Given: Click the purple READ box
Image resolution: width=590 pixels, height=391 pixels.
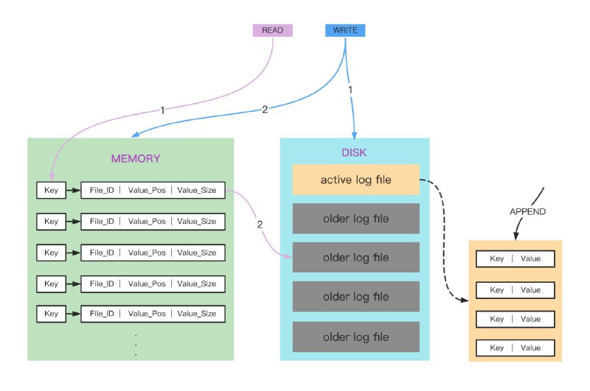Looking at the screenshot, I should click(272, 30).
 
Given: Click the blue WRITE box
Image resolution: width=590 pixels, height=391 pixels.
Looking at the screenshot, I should click(345, 30).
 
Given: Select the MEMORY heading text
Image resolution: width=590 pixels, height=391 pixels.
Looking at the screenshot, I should click(135, 158).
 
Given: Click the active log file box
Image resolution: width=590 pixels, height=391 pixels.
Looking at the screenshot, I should click(355, 180).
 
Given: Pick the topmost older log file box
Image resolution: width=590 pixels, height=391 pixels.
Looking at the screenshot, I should click(355, 219).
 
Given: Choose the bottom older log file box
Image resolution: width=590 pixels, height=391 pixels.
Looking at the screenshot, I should click(355, 337).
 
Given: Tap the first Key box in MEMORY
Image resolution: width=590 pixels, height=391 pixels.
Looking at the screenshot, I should click(51, 190).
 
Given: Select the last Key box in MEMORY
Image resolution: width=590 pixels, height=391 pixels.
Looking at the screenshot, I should click(51, 314).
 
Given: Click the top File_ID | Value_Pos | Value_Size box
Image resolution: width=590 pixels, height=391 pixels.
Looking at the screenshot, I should click(153, 190).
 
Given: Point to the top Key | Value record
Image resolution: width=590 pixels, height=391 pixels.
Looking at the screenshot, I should click(515, 260).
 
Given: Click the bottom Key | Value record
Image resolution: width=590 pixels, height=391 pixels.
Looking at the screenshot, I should click(515, 348).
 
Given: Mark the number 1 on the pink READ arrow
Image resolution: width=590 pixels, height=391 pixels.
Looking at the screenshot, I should click(162, 110).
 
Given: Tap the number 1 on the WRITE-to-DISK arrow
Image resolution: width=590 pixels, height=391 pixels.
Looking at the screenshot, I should click(350, 89).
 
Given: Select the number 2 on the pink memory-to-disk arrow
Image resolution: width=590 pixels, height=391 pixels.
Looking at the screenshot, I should click(260, 224).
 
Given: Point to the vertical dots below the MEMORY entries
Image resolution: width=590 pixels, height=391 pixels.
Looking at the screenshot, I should click(136, 344).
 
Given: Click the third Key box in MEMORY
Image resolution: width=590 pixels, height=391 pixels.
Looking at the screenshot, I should click(51, 252).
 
